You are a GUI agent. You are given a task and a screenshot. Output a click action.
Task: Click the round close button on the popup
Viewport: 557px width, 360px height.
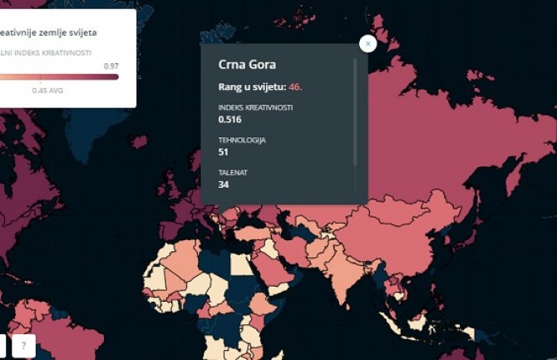(367, 43)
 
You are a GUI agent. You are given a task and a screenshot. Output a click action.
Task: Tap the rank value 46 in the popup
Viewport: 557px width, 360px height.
(296, 86)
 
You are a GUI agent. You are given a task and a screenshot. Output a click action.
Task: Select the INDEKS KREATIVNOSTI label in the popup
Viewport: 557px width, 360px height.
(255, 107)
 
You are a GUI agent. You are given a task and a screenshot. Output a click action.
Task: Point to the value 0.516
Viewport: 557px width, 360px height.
(229, 120)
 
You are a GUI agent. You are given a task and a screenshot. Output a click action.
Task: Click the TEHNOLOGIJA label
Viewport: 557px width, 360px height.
(242, 140)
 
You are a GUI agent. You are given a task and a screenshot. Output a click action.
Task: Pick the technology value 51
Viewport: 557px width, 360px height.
(224, 152)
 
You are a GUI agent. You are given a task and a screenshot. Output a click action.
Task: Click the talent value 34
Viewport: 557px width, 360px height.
(224, 185)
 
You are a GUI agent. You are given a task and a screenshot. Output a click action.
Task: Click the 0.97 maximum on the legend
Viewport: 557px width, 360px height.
(111, 65)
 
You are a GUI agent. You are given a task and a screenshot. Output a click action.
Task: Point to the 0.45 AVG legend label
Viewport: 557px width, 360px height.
(47, 91)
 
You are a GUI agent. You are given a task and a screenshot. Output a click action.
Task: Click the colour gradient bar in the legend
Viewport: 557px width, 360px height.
(58, 77)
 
